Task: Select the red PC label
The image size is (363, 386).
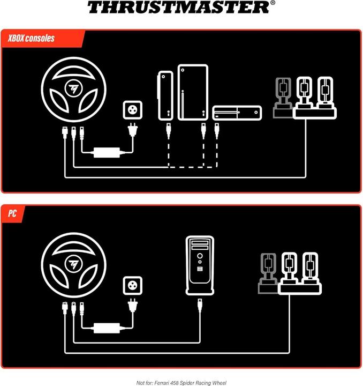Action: [x=13, y=213]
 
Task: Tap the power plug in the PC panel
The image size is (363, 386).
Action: [x=132, y=305]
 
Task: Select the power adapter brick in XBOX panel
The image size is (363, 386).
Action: [x=106, y=152]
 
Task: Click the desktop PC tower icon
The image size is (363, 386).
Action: [x=199, y=265]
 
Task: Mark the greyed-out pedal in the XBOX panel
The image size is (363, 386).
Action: [x=283, y=97]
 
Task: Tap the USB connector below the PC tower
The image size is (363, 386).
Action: [x=199, y=306]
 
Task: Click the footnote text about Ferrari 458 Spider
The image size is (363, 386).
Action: [x=181, y=382]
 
